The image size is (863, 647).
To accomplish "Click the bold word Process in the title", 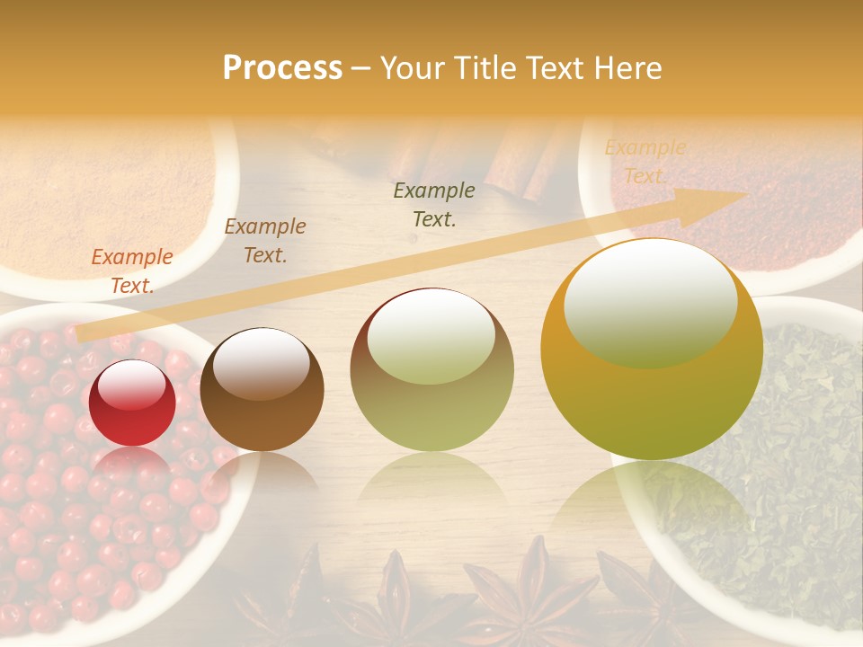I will pyautogui.click(x=282, y=68).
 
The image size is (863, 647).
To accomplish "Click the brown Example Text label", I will pyautogui.click(x=265, y=241).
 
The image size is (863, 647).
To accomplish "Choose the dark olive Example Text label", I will pyautogui.click(x=434, y=204).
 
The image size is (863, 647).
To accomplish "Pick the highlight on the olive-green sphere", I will pyautogui.click(x=431, y=335).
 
